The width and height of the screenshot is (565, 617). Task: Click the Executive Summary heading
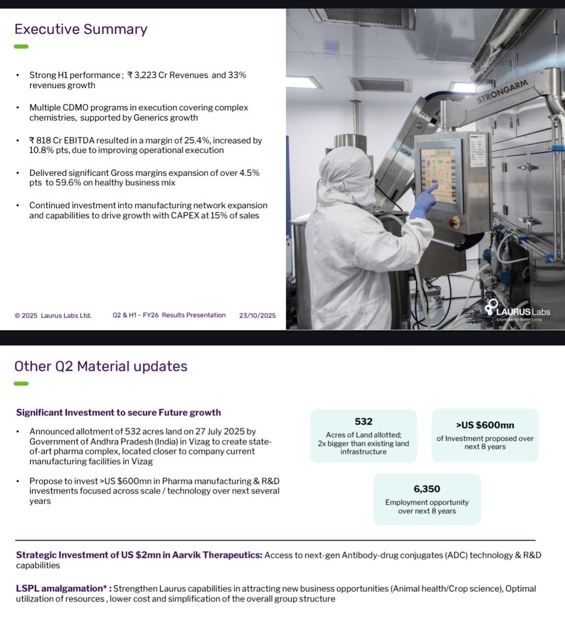[x=81, y=29]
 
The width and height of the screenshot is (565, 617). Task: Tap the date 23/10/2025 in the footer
[x=257, y=315]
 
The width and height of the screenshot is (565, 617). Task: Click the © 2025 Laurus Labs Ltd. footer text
[x=53, y=315]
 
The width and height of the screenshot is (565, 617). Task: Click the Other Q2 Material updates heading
[x=101, y=366]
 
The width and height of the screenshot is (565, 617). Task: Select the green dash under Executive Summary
[x=21, y=46]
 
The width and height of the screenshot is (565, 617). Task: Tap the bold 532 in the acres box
[x=363, y=422]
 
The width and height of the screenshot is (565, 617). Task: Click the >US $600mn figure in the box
[x=485, y=425]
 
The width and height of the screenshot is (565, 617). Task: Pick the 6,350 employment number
[x=427, y=489]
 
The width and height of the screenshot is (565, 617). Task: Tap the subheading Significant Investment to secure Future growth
[x=118, y=412]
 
